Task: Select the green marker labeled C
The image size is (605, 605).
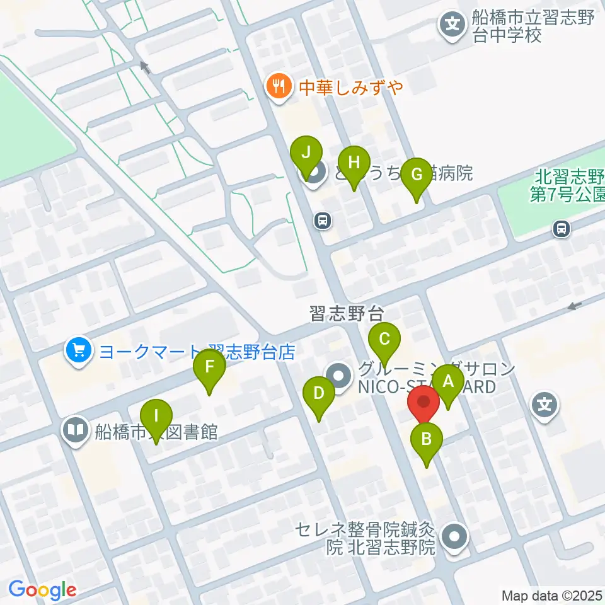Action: pos(384,340)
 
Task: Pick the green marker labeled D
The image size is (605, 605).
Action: pos(319,395)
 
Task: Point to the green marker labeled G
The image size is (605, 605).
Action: pos(416,175)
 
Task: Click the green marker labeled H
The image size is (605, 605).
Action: pos(354,163)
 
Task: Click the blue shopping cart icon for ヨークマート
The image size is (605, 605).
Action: pos(78,350)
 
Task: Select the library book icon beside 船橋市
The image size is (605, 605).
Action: pos(76,432)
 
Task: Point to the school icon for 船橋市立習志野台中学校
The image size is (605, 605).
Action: pos(453,26)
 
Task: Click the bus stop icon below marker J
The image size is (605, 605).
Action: pos(322,221)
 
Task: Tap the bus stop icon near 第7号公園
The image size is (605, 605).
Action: pos(561,229)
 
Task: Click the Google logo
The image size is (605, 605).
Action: pos(42,591)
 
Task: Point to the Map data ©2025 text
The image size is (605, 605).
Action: pos(552,595)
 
